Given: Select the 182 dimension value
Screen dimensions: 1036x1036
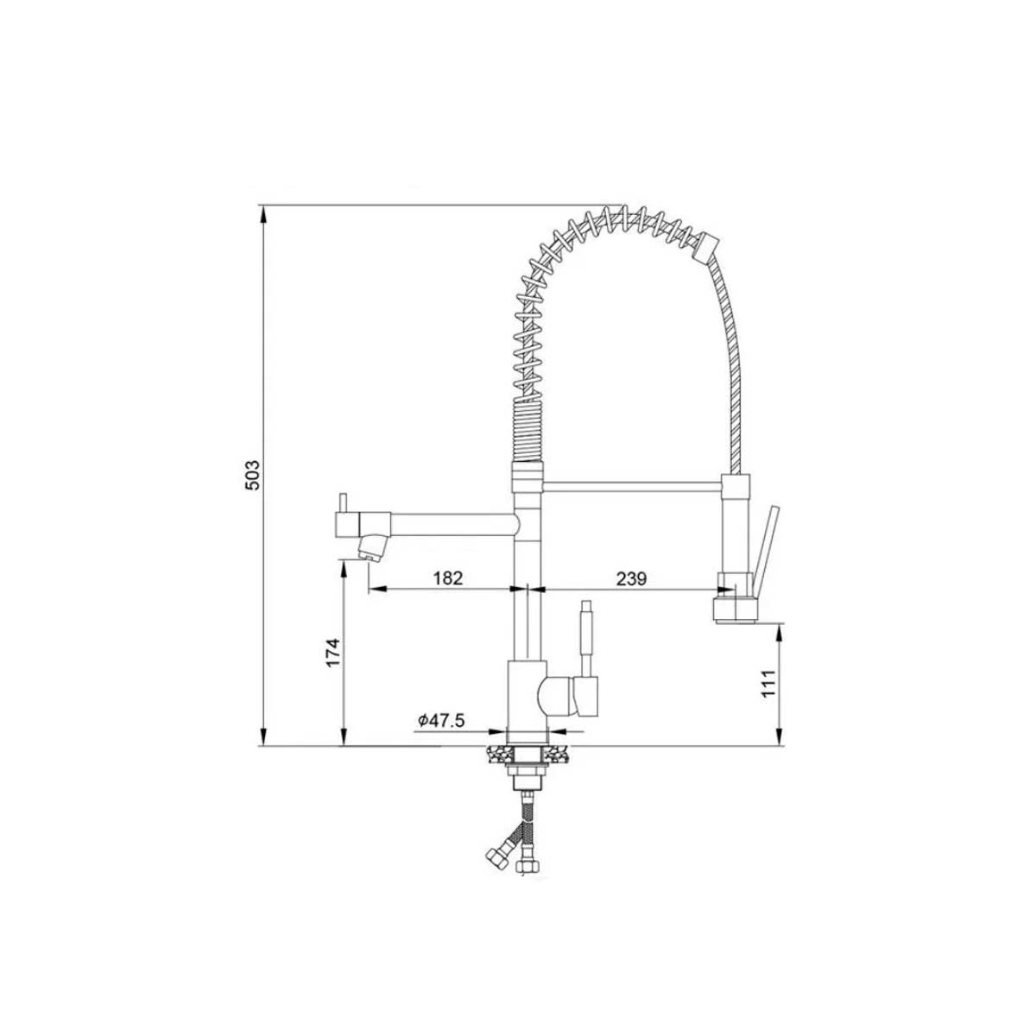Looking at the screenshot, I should (x=448, y=578).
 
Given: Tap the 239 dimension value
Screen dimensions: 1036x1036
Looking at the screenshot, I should (x=631, y=578).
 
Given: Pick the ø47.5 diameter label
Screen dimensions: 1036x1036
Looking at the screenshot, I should (x=440, y=720).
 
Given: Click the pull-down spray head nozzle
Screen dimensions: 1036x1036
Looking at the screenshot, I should (x=734, y=607).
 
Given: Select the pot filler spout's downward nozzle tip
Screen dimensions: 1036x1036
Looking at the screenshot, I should (x=371, y=547).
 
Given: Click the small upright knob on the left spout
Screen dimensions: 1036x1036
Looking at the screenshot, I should (x=342, y=502).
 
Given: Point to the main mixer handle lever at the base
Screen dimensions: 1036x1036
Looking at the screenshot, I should (x=586, y=639).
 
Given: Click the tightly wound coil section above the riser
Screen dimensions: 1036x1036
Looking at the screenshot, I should (x=527, y=432).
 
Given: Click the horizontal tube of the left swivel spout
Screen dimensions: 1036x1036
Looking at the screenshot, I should (x=449, y=523).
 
